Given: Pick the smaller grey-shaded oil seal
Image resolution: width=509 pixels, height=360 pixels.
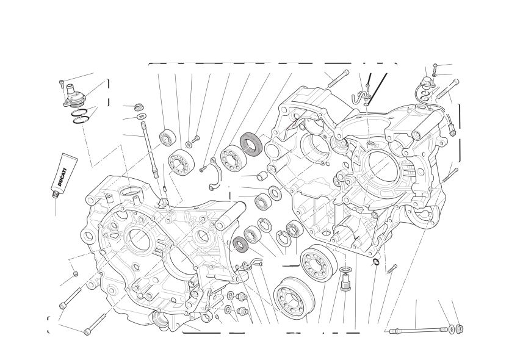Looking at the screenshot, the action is (241, 244).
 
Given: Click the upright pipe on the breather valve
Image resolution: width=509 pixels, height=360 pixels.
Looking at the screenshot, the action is (70, 89).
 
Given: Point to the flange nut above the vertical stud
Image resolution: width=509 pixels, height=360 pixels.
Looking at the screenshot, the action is (139, 107).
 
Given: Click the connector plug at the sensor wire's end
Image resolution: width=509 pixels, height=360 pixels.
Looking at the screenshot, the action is (451, 130).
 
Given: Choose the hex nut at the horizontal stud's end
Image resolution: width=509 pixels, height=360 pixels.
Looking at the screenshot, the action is (460, 328).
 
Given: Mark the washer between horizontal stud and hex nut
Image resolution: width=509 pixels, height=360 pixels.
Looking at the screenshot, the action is (451, 329).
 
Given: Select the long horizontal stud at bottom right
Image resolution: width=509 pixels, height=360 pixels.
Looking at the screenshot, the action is (416, 331).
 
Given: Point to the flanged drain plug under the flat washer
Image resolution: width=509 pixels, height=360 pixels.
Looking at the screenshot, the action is (345, 283).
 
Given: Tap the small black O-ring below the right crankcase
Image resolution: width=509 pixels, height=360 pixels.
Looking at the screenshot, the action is (375, 262).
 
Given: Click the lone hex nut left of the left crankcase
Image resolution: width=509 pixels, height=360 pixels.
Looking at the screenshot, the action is (75, 274).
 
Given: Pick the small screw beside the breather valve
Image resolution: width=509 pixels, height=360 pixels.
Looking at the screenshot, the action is (62, 84).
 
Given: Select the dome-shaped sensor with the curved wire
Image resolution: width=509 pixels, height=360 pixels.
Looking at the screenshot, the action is (427, 82).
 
